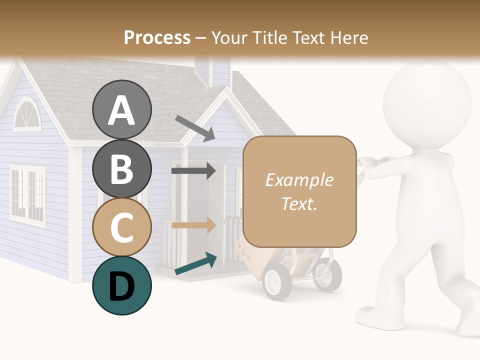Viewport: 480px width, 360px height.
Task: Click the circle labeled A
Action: [121, 110]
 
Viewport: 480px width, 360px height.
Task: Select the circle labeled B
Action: [121, 168]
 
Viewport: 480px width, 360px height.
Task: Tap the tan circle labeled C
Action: [121, 227]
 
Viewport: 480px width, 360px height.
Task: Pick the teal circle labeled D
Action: [121, 285]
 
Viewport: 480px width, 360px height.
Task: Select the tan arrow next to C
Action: [193, 225]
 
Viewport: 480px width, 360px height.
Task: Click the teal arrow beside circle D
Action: [195, 263]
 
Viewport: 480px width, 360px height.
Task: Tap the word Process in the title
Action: [157, 37]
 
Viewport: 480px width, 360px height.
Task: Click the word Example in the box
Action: [299, 180]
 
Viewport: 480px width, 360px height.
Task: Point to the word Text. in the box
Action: [299, 203]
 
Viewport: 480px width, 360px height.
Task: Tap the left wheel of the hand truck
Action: [276, 282]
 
